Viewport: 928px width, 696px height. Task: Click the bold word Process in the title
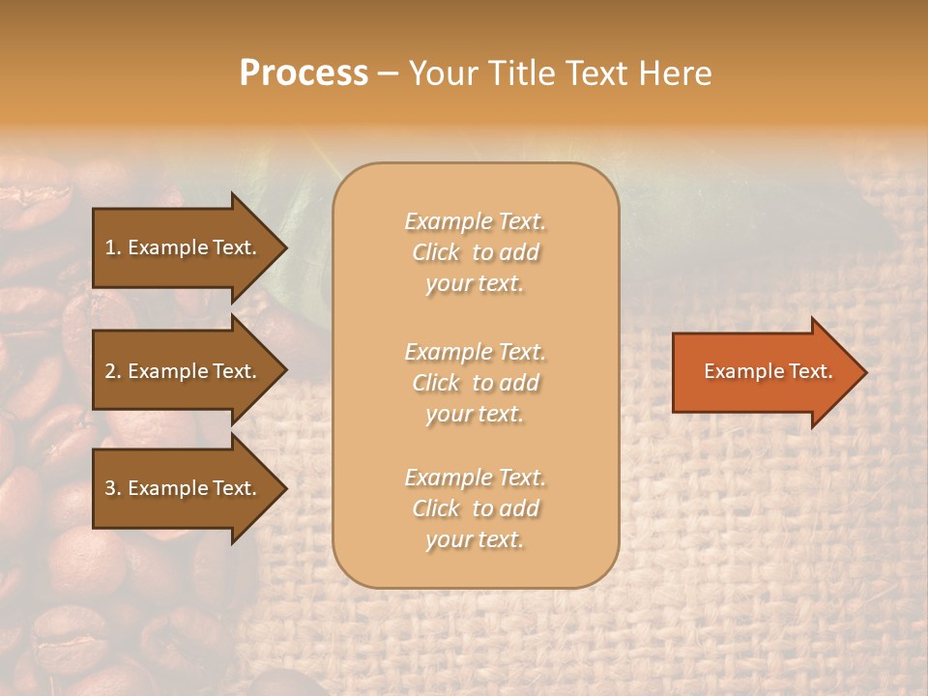pyautogui.click(x=304, y=73)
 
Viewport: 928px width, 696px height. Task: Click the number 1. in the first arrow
pyautogui.click(x=113, y=247)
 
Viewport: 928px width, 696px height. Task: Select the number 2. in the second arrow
pyautogui.click(x=113, y=371)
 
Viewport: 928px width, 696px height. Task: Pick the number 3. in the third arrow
pyautogui.click(x=113, y=488)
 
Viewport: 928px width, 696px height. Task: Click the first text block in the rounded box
pyautogui.click(x=475, y=252)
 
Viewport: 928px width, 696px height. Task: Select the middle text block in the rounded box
pyautogui.click(x=475, y=383)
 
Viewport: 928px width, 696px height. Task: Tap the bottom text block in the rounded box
pyautogui.click(x=475, y=508)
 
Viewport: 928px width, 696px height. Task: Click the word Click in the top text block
pyautogui.click(x=436, y=252)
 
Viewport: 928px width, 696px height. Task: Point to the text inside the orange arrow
pyautogui.click(x=768, y=371)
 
